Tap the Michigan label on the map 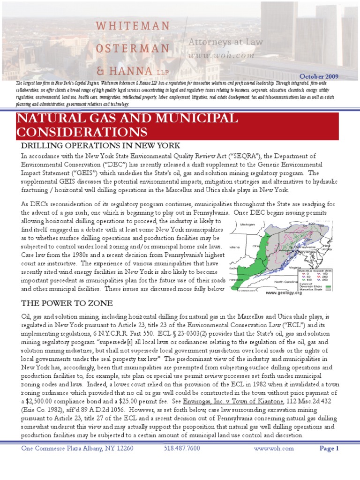click(x=248, y=225)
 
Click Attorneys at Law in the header click(x=225, y=42)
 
